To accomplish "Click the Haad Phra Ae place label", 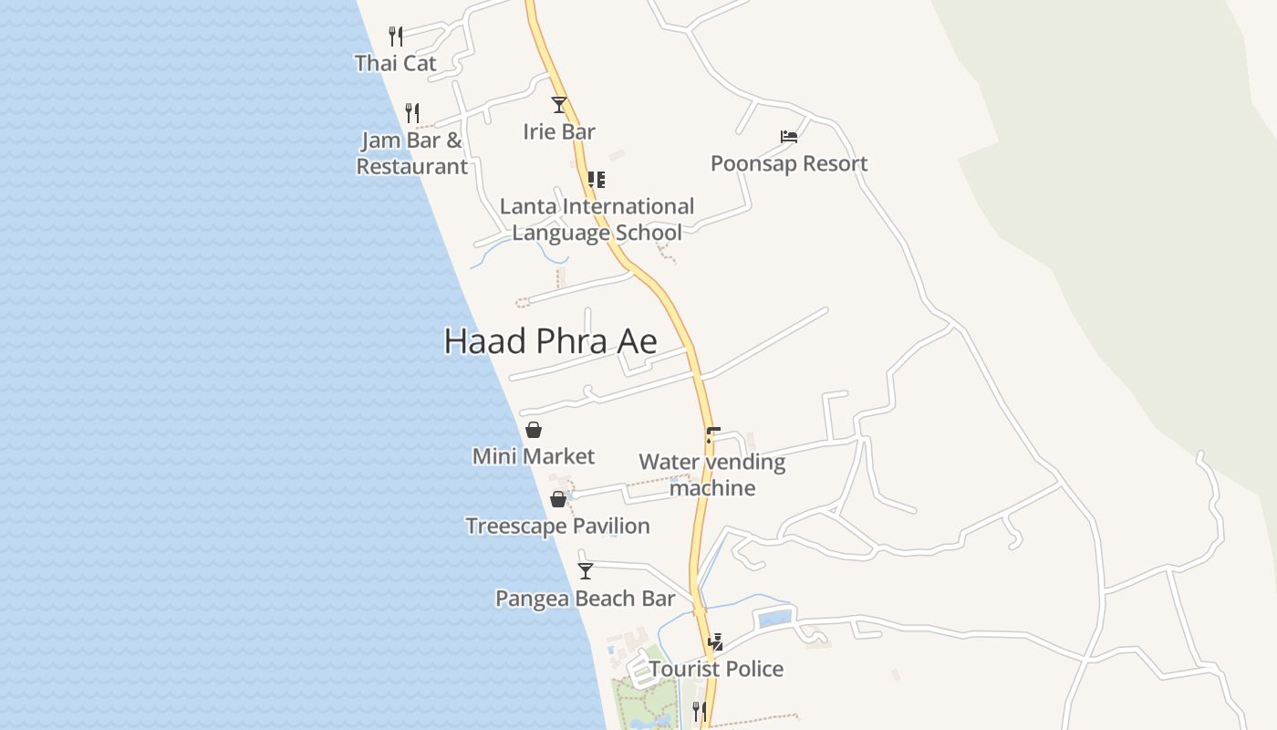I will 550,341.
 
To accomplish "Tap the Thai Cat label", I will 396,63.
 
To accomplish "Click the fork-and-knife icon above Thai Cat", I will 396,36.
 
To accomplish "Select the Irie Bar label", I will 559,131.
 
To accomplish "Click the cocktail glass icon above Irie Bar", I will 559,105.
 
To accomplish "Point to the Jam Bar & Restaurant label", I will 411,153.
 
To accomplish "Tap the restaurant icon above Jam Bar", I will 412,113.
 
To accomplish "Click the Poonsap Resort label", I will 789,163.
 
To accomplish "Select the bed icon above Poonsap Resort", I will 789,137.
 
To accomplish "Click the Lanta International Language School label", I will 597,219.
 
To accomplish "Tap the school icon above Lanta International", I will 597,180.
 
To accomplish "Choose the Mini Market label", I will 533,456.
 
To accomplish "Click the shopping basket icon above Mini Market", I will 534,430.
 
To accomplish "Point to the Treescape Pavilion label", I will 557,526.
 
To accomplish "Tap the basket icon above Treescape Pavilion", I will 558,499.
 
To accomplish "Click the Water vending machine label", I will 712,474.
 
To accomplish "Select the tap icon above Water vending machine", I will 712,435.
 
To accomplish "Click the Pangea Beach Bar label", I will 585,599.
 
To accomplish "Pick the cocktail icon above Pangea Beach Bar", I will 586,571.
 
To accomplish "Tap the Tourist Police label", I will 716,669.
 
